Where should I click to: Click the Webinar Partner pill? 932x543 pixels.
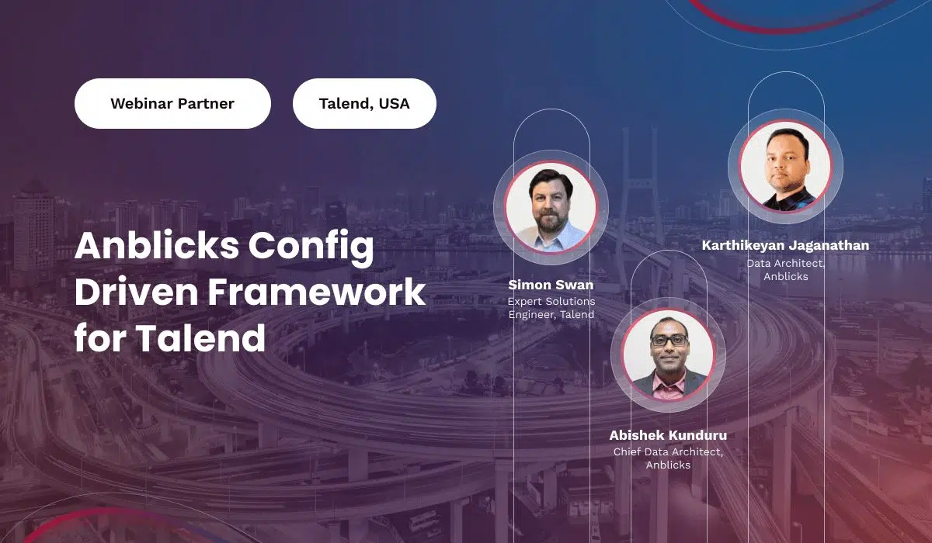pyautogui.click(x=172, y=103)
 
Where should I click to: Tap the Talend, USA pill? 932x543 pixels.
pyautogui.click(x=364, y=103)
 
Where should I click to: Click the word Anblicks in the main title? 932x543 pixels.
pyautogui.click(x=157, y=246)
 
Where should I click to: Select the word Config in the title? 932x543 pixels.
pyautogui.click(x=311, y=247)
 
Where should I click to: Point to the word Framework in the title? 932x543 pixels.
pyautogui.click(x=317, y=292)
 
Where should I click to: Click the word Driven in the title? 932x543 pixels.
pyautogui.click(x=137, y=292)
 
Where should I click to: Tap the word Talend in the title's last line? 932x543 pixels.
pyautogui.click(x=200, y=337)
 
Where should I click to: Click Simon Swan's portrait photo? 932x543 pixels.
pyautogui.click(x=551, y=207)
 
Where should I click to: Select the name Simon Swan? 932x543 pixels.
pyautogui.click(x=551, y=285)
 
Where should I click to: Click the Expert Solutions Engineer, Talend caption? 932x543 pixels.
pyautogui.click(x=551, y=308)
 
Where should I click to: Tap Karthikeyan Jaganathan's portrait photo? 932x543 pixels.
pyautogui.click(x=785, y=166)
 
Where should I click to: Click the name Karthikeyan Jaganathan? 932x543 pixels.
pyautogui.click(x=785, y=245)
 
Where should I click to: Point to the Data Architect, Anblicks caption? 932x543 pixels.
pyautogui.click(x=785, y=270)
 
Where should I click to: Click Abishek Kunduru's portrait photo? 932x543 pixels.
pyautogui.click(x=668, y=355)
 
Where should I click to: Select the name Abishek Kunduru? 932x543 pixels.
pyautogui.click(x=668, y=435)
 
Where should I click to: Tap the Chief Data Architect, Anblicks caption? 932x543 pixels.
pyautogui.click(x=668, y=458)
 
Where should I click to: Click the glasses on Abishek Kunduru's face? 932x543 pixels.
pyautogui.click(x=669, y=341)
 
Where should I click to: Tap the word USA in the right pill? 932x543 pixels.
pyautogui.click(x=395, y=103)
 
